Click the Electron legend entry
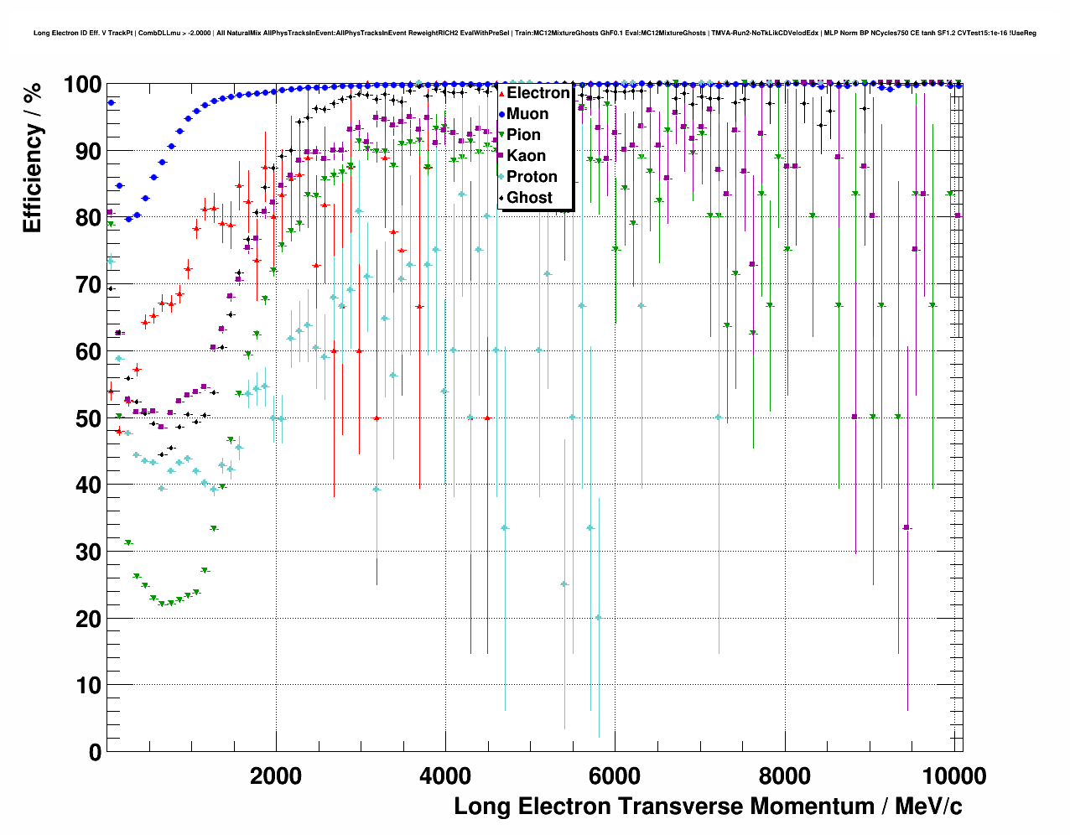click(538, 93)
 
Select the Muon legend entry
click(527, 114)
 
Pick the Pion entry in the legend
click(523, 135)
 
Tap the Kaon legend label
click(526, 156)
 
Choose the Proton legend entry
click(532, 177)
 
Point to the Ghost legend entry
click(529, 198)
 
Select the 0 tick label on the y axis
click(95, 752)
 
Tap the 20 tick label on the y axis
click(88, 619)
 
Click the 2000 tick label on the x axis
click(276, 776)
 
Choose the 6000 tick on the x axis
click(615, 776)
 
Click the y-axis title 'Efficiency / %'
click(32, 158)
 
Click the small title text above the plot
click(535, 34)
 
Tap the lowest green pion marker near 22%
click(162, 604)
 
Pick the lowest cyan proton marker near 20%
click(598, 618)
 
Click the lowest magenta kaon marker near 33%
click(906, 527)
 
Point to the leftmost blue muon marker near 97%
click(111, 103)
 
